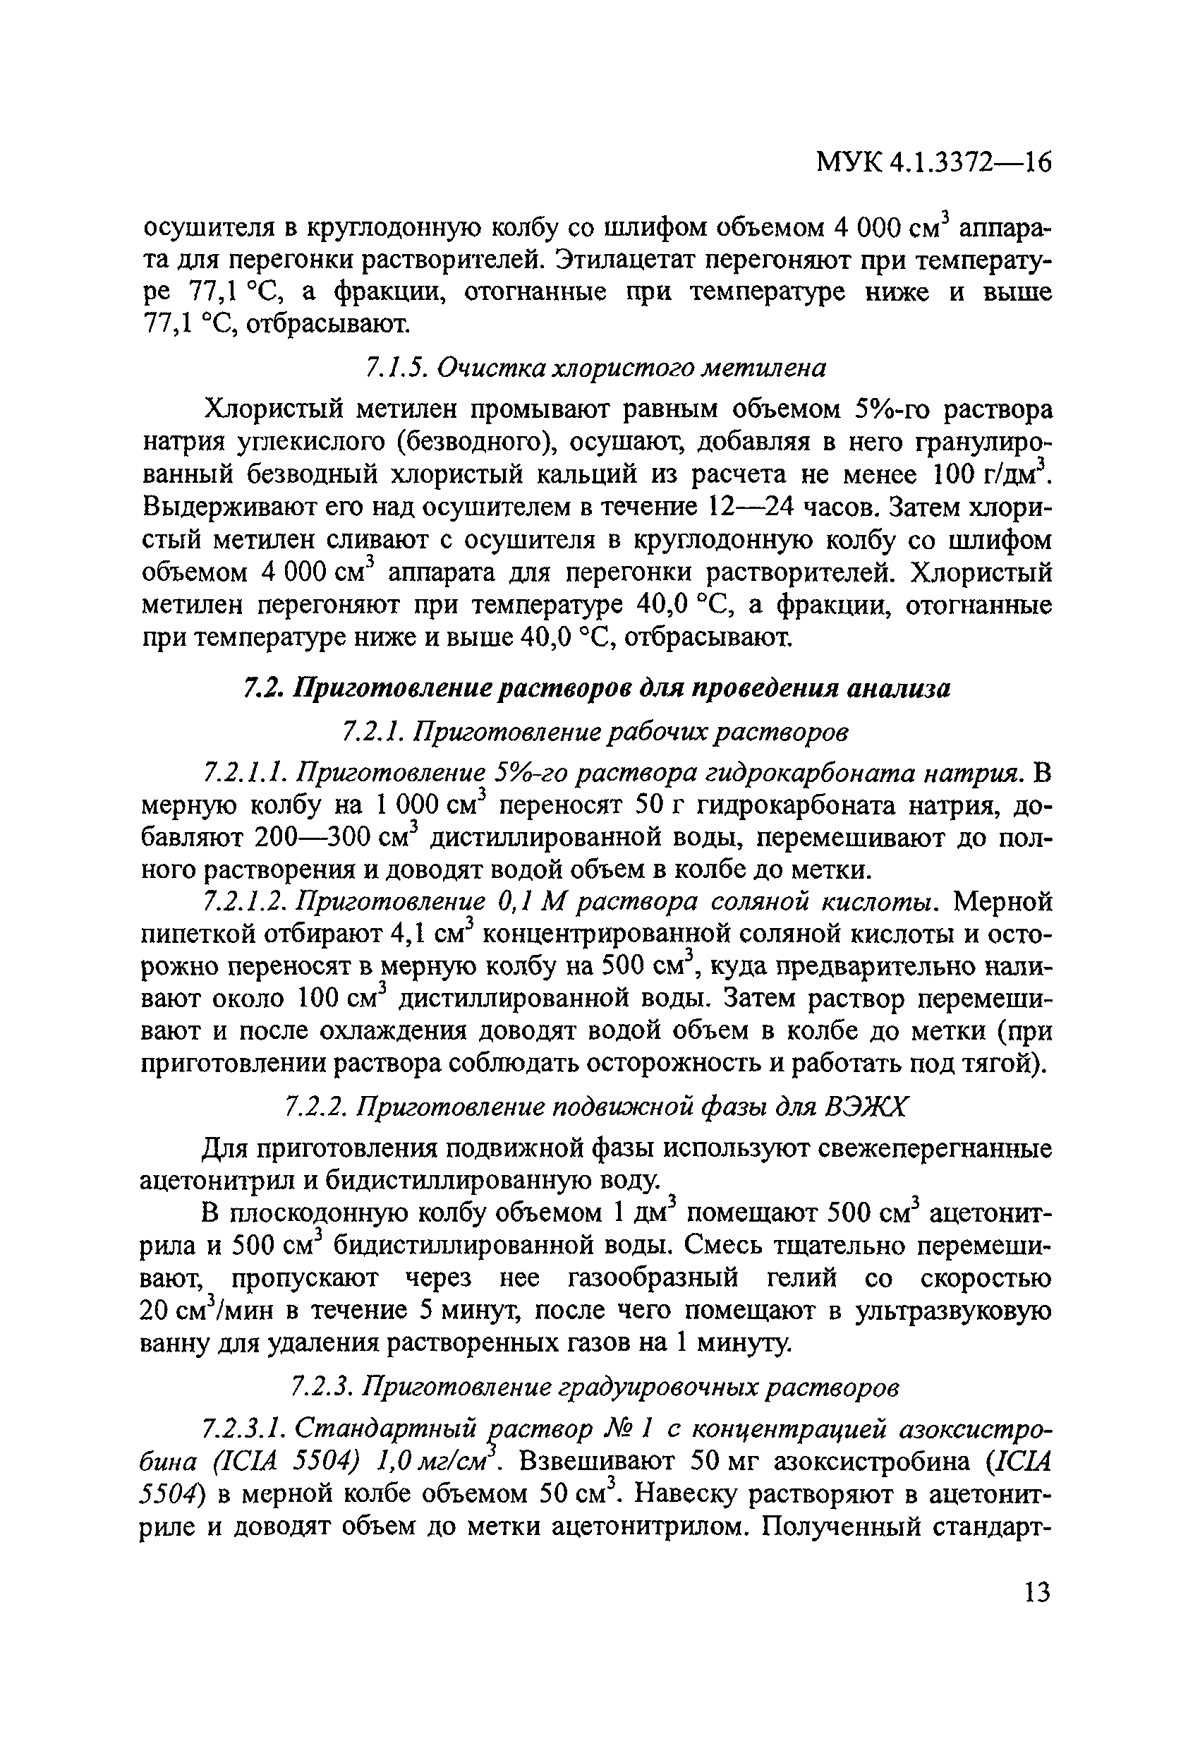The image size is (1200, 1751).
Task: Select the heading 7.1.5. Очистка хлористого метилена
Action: point(595,367)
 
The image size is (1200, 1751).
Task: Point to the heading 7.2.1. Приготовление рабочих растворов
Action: point(595,731)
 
